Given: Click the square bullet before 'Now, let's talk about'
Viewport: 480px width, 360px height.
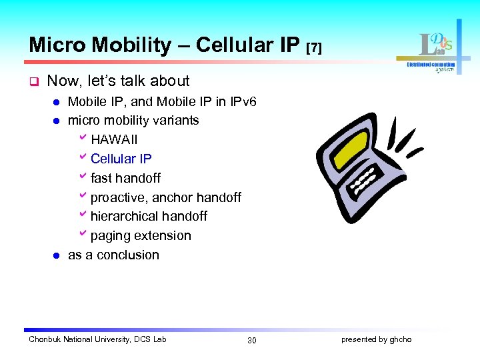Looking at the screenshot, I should pos(33,81).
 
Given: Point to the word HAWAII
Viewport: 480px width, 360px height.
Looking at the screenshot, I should pos(114,140).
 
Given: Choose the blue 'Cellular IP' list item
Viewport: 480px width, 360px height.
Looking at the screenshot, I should pos(121,159).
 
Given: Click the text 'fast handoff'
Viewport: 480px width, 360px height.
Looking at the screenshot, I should pos(125,179).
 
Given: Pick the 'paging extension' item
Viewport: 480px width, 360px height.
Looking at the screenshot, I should pos(141,236).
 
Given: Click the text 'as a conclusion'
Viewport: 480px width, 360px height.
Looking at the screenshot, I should pos(113,255).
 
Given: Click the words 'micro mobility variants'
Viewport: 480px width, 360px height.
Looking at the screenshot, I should pos(133,121).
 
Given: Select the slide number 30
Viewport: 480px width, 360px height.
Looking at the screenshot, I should pos(251,341).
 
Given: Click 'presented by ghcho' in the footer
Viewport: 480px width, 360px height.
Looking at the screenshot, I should pos(376,340).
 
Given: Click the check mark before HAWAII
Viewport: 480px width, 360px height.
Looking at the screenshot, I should pos(83,139).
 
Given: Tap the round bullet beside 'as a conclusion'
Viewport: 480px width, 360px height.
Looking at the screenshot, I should pos(57,255).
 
